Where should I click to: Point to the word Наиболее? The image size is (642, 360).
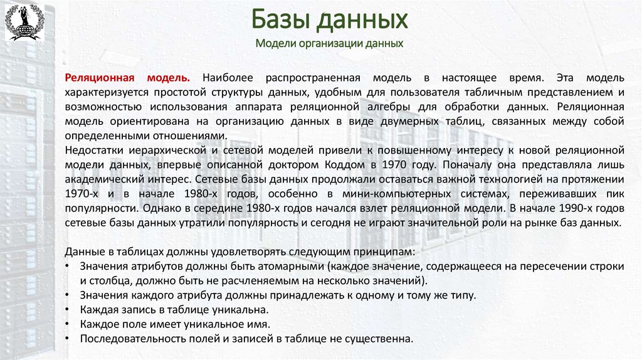coord(228,78)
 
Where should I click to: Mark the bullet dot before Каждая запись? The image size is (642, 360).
coord(68,309)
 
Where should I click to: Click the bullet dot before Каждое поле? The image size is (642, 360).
coord(68,324)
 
